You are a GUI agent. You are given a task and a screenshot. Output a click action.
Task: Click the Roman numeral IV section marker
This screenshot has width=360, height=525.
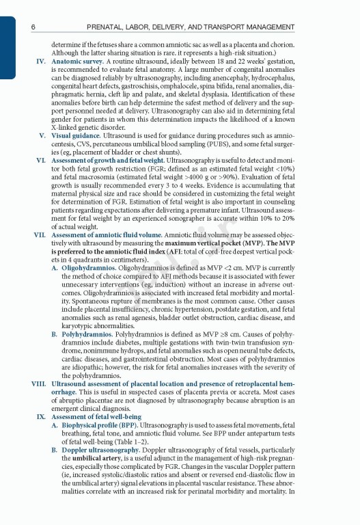click(x=40, y=61)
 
